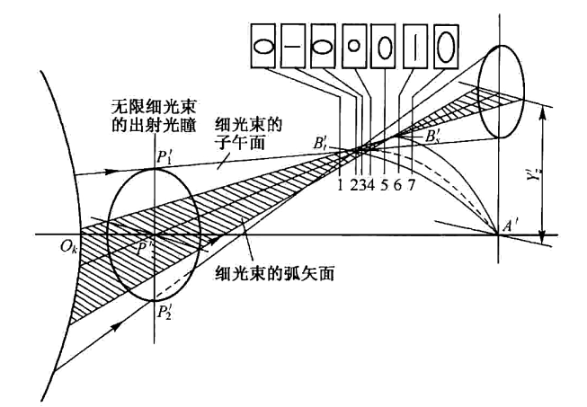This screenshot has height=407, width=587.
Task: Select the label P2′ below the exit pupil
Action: point(165,313)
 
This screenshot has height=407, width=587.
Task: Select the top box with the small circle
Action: point(354,47)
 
